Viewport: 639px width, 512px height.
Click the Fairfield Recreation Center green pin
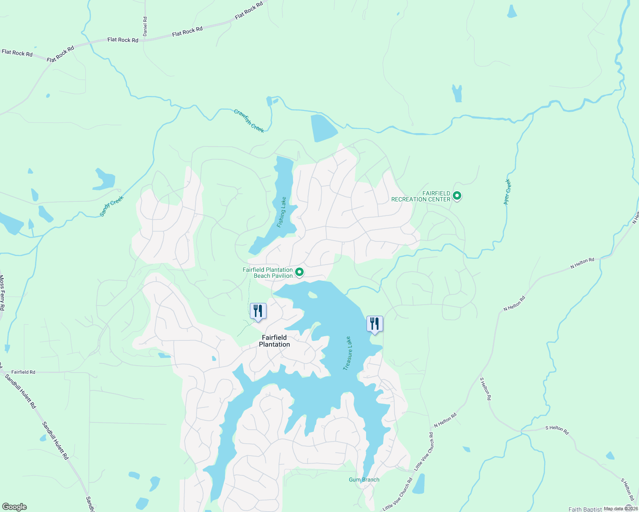point(457,196)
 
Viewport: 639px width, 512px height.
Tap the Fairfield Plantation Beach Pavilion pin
point(299,272)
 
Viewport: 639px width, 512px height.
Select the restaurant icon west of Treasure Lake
point(258,311)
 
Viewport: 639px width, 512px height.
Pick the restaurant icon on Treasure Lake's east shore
point(375,324)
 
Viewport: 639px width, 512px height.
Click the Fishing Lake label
point(282,212)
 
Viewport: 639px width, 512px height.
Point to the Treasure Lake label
point(348,353)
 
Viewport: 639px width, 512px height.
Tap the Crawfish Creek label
point(249,121)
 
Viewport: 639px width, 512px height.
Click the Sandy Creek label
point(111,206)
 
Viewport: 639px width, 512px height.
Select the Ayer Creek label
point(507,192)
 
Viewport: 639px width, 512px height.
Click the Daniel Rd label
point(145,26)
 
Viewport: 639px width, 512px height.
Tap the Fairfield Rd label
point(23,372)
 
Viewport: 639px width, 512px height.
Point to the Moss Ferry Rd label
point(2,293)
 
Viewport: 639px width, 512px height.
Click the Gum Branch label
point(364,480)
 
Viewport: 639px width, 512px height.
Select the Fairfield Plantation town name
point(274,341)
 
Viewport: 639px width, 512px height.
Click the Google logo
point(14,507)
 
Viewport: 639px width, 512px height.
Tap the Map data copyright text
point(620,509)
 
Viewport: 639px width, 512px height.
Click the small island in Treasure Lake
point(312,294)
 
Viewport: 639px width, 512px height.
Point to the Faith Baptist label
point(585,509)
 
